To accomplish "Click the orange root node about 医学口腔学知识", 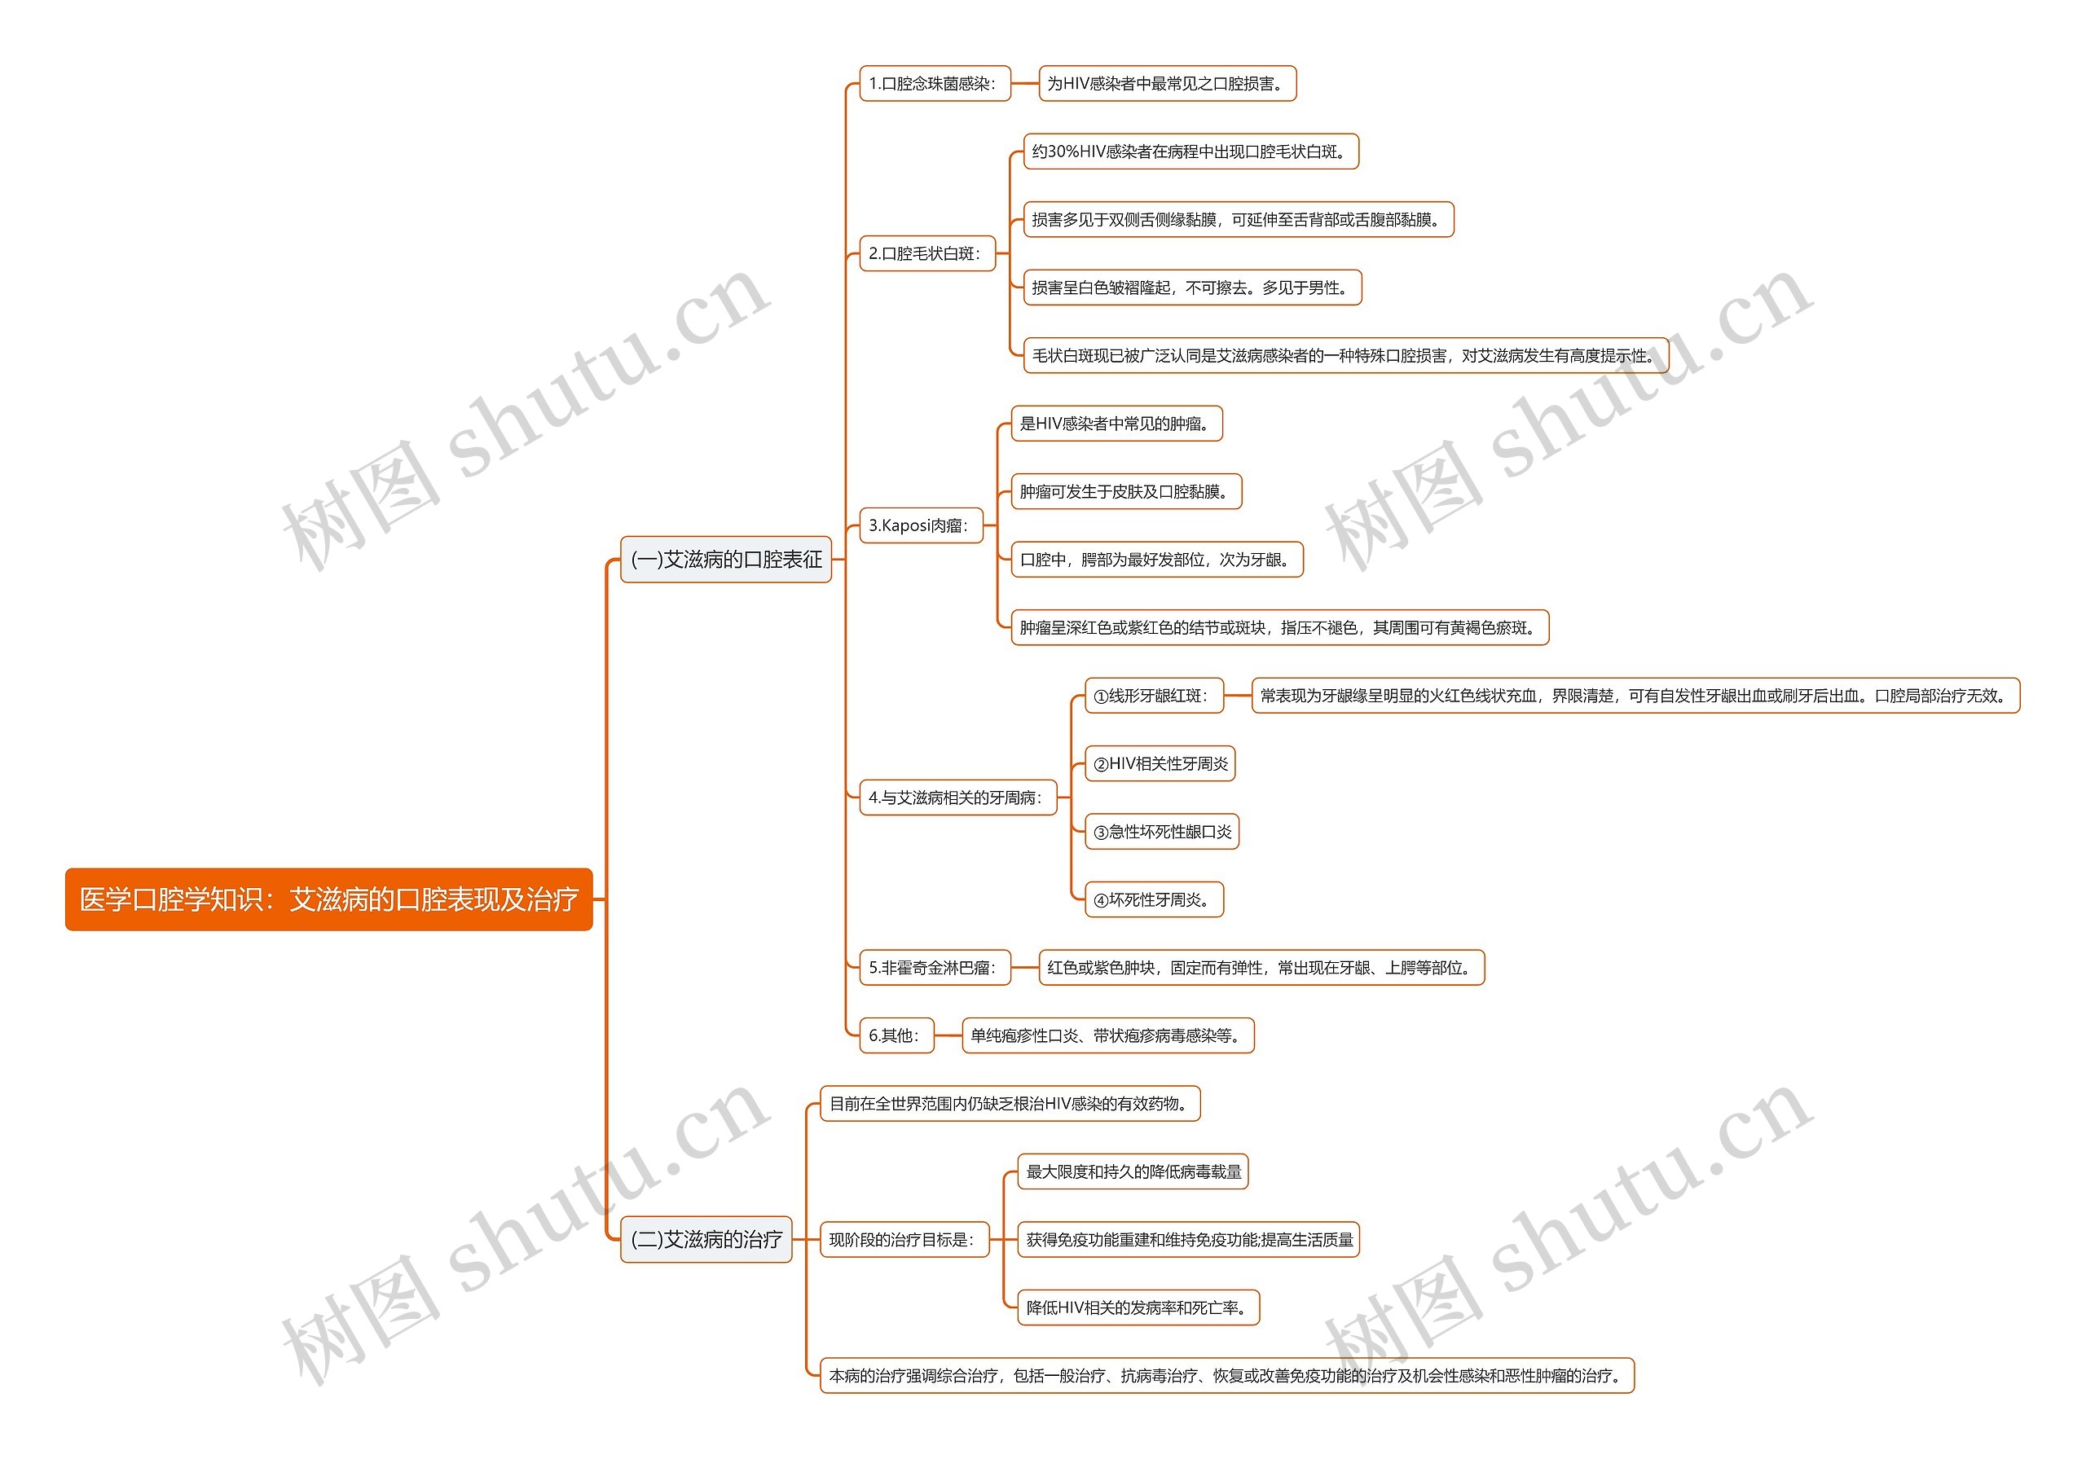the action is coord(328,899).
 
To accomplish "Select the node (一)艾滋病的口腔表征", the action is coord(725,560).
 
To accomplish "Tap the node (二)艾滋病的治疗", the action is coord(706,1239).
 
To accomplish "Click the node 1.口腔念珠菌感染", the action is coord(934,84).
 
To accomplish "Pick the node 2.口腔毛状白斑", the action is coord(926,253).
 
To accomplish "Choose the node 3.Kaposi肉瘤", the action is coord(920,525).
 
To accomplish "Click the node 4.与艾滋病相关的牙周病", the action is coord(957,798).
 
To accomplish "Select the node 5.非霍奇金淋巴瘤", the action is coord(934,968).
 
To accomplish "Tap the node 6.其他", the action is coord(896,1035).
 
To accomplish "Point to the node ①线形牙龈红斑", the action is coord(1153,696).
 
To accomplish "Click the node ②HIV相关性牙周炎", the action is coord(1160,764).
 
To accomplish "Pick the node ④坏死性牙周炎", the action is coord(1153,899).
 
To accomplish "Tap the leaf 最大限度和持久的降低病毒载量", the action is coord(1132,1172).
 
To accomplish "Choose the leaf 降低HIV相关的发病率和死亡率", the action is coord(1138,1307).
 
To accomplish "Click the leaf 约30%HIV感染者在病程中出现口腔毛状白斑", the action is coord(1190,152).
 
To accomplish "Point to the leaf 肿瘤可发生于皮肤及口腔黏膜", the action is coord(1125,491).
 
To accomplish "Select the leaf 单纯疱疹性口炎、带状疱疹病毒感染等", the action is coord(1107,1035).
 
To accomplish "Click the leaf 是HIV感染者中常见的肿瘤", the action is coord(1116,424).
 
